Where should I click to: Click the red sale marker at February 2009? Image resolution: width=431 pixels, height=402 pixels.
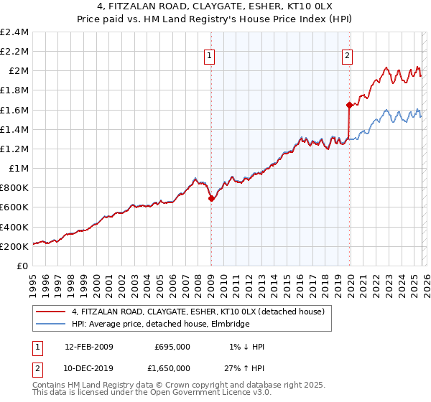211,199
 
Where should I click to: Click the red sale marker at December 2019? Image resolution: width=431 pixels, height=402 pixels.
349,105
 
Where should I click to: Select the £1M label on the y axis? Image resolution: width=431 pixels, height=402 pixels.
19,169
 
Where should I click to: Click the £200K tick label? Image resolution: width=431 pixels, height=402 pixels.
14,246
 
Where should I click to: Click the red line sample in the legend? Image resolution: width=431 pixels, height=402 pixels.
52,312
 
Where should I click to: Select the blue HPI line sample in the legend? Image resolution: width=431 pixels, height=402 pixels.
52,324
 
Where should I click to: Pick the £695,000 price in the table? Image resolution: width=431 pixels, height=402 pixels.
172,347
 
